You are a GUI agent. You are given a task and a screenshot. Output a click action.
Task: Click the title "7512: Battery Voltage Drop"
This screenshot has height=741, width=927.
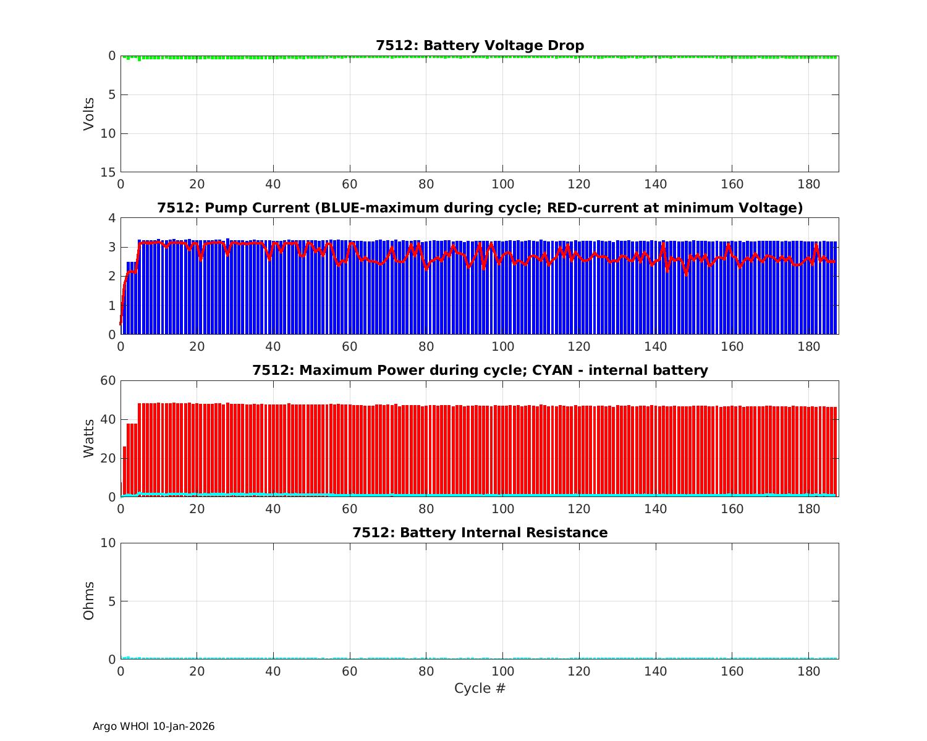480,46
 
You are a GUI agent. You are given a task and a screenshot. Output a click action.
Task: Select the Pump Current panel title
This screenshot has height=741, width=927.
480,208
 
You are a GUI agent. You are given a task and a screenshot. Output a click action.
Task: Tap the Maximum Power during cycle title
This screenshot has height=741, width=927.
480,371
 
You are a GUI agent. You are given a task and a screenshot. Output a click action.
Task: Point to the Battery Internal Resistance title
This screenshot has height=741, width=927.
480,533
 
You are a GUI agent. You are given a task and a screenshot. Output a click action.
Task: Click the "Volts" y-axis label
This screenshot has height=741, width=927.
89,114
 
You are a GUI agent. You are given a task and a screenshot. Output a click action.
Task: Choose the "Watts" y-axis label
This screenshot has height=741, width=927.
89,438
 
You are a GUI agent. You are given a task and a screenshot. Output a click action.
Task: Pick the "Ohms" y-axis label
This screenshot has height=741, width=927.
89,601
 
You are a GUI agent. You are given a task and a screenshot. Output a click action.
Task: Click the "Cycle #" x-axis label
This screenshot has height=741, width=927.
480,689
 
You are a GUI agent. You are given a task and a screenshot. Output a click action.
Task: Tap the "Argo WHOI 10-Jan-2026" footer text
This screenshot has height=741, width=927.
153,727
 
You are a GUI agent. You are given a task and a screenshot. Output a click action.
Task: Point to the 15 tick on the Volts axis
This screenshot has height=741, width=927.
109,172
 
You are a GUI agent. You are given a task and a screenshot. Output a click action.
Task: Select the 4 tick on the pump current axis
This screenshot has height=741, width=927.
112,218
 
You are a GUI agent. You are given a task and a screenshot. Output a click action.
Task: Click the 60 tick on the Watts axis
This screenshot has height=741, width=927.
109,380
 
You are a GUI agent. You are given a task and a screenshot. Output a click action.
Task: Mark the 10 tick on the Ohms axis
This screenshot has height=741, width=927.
109,543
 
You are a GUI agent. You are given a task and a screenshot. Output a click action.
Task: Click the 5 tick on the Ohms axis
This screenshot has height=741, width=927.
112,601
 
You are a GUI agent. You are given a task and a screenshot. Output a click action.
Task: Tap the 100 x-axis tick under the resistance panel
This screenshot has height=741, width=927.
502,671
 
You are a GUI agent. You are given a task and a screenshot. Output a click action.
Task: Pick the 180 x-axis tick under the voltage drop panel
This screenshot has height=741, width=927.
808,184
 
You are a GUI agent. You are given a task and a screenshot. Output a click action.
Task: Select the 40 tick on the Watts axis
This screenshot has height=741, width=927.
109,419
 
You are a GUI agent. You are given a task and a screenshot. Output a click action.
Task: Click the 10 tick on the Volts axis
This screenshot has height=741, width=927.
109,133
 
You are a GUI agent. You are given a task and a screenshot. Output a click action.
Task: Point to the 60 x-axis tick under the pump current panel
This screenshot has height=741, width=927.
350,346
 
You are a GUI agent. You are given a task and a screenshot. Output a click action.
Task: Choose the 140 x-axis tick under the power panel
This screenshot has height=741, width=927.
655,509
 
